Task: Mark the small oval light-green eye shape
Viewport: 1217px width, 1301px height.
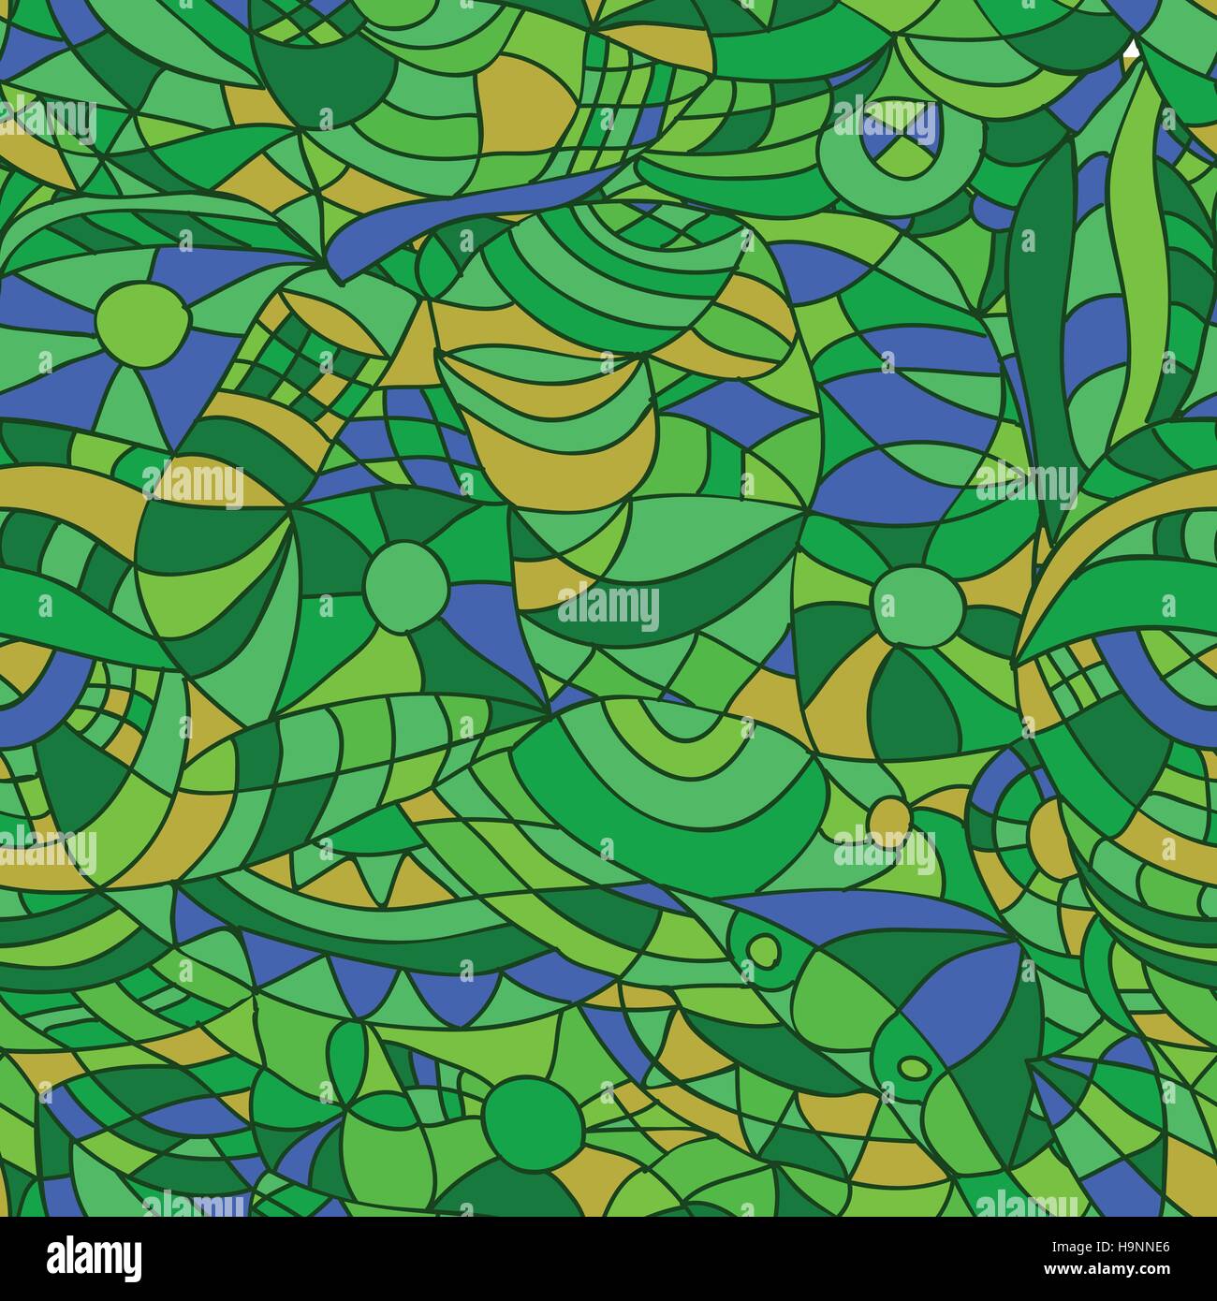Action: [913, 1065]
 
